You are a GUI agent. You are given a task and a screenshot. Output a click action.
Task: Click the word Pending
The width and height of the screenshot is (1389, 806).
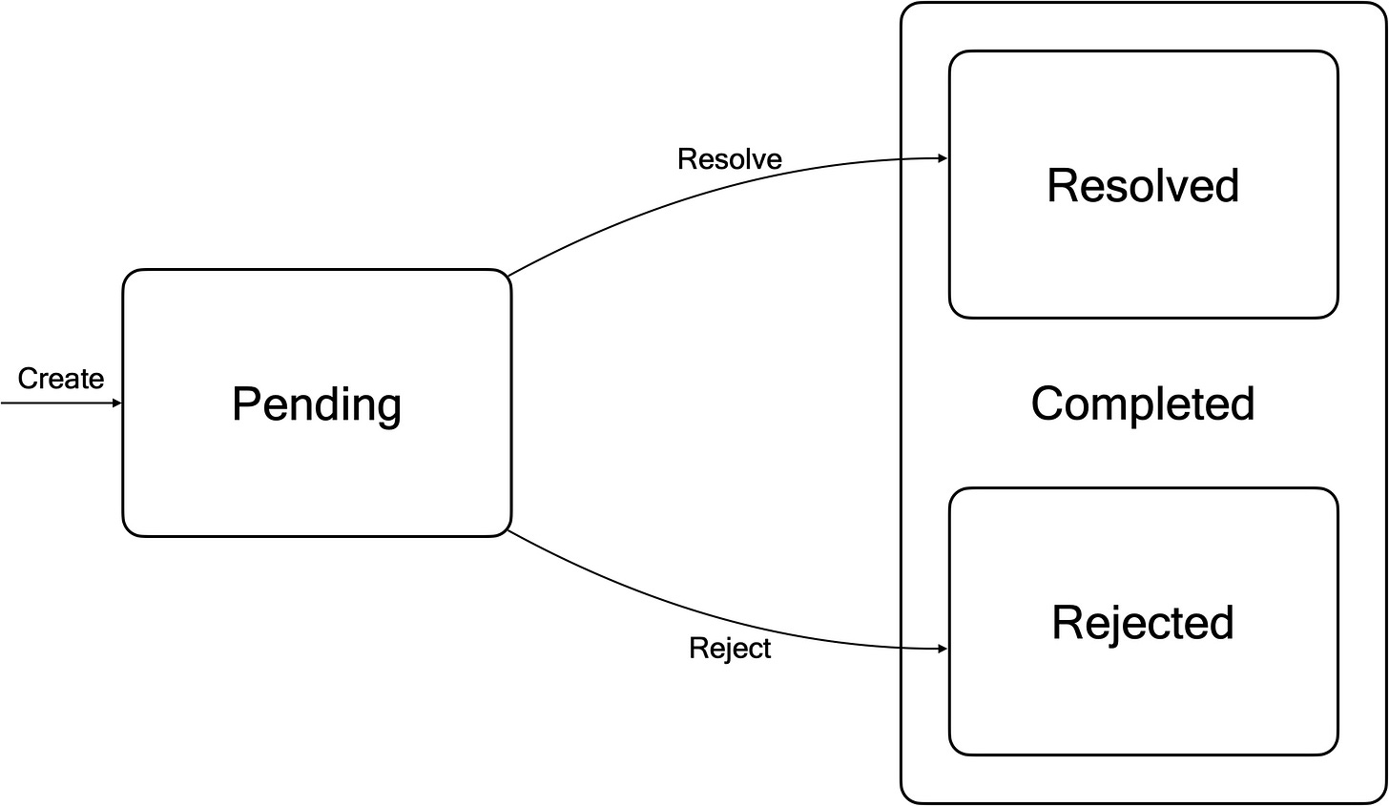point(317,404)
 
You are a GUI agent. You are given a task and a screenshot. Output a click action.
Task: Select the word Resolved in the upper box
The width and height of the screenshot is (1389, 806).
point(1143,185)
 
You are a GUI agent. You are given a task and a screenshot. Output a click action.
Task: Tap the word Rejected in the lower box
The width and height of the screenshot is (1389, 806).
point(1143,623)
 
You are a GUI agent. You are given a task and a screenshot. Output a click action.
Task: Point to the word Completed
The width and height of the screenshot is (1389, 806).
point(1143,404)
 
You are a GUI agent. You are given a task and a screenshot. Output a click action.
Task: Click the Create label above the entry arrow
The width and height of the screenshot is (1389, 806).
point(61,378)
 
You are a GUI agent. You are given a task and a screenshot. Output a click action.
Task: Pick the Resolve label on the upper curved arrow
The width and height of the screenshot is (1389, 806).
point(729,159)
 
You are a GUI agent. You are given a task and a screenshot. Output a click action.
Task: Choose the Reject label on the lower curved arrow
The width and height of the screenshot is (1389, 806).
point(730,650)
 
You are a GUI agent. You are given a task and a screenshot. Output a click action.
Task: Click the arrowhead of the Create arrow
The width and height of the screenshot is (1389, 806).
point(117,403)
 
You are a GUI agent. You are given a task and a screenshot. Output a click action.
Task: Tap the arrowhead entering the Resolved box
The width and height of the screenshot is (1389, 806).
point(943,158)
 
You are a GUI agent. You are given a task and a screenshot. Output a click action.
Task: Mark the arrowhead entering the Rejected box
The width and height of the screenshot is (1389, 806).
point(943,650)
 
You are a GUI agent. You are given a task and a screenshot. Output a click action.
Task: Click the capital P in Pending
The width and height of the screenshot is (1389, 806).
point(246,404)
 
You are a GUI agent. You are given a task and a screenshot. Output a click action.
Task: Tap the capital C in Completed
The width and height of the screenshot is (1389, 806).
point(1047,403)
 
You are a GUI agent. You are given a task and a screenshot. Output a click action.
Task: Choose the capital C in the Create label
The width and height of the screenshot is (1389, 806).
point(27,378)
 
